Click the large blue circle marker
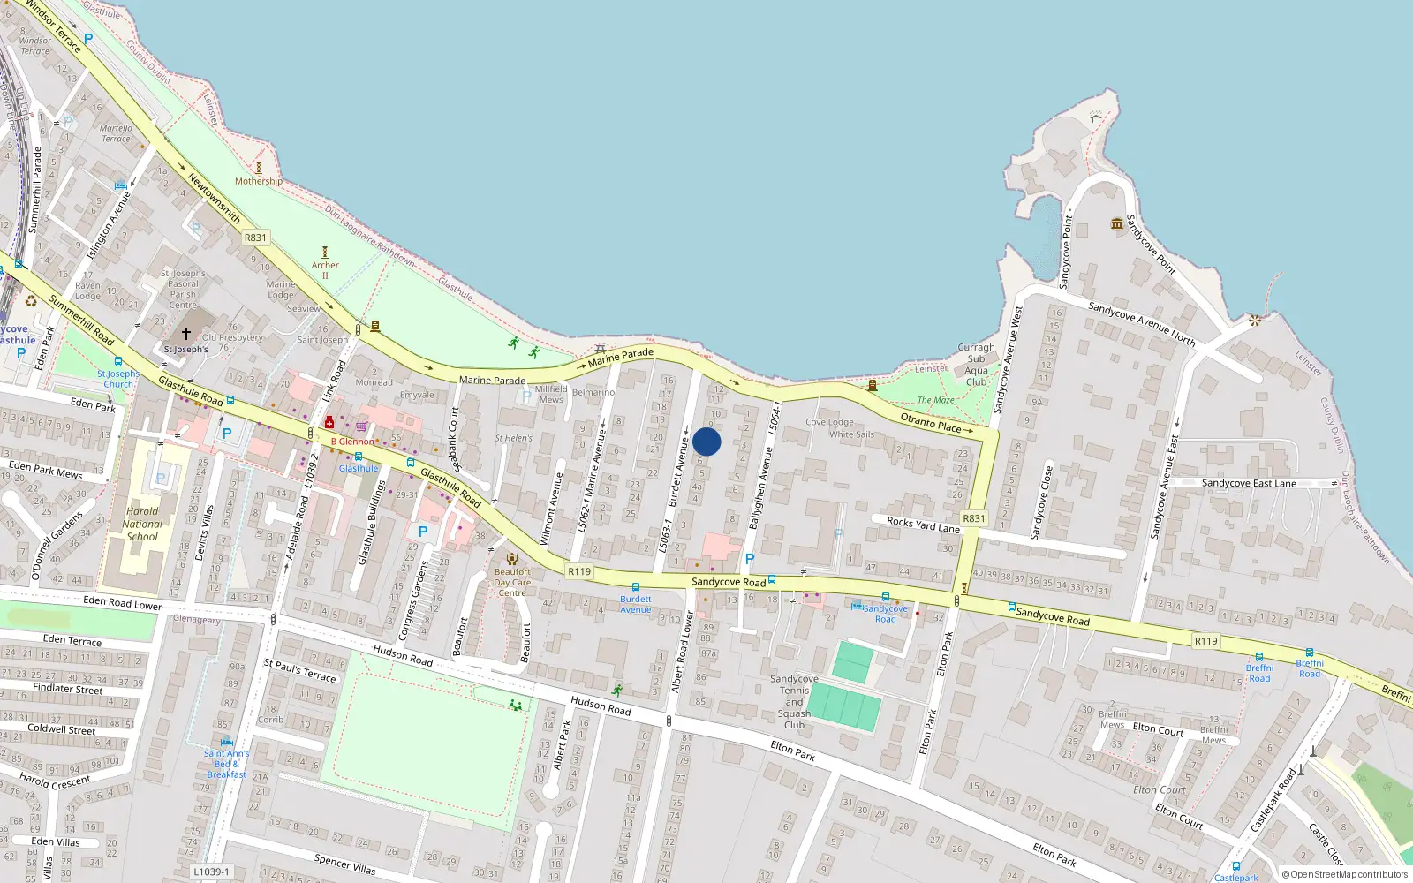tap(706, 441)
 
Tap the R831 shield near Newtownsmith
tap(255, 238)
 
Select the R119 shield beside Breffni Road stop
tap(1205, 641)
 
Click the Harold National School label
tap(143, 524)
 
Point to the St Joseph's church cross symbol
tap(185, 334)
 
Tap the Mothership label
tap(259, 181)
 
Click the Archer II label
tap(325, 269)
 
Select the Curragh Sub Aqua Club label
tap(976, 365)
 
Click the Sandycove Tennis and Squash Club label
tap(794, 702)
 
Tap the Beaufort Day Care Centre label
tap(512, 582)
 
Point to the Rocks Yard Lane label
tap(923, 525)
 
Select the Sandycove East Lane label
tap(1249, 483)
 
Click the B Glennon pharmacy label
tap(352, 441)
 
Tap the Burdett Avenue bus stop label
tap(635, 604)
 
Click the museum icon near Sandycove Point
tap(1117, 223)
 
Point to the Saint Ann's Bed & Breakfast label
tap(227, 764)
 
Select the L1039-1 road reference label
tap(211, 872)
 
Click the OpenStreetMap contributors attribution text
tap(1344, 875)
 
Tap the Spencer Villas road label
tap(344, 864)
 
